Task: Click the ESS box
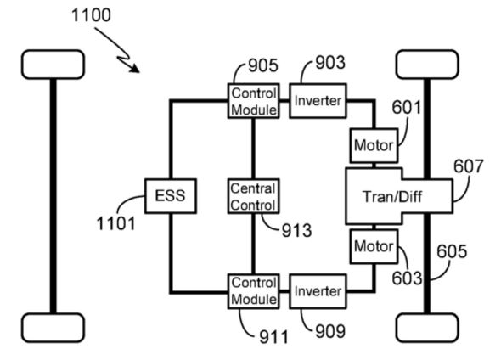tap(171, 196)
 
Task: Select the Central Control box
tap(253, 196)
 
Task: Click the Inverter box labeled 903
tap(318, 101)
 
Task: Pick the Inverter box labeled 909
tap(318, 291)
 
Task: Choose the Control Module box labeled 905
tap(253, 101)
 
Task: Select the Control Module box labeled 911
tap(253, 291)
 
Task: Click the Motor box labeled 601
tap(374, 146)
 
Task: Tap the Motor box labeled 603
tap(374, 246)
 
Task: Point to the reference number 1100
tap(91, 15)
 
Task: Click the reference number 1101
tap(115, 223)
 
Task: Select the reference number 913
tap(296, 230)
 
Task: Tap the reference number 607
tap(469, 166)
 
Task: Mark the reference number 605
tap(452, 251)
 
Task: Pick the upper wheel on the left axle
tap(53, 65)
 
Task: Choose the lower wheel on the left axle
tap(53, 328)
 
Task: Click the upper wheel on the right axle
tap(427, 65)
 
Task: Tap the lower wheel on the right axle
tap(427, 328)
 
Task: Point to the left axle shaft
tap(53, 196)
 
